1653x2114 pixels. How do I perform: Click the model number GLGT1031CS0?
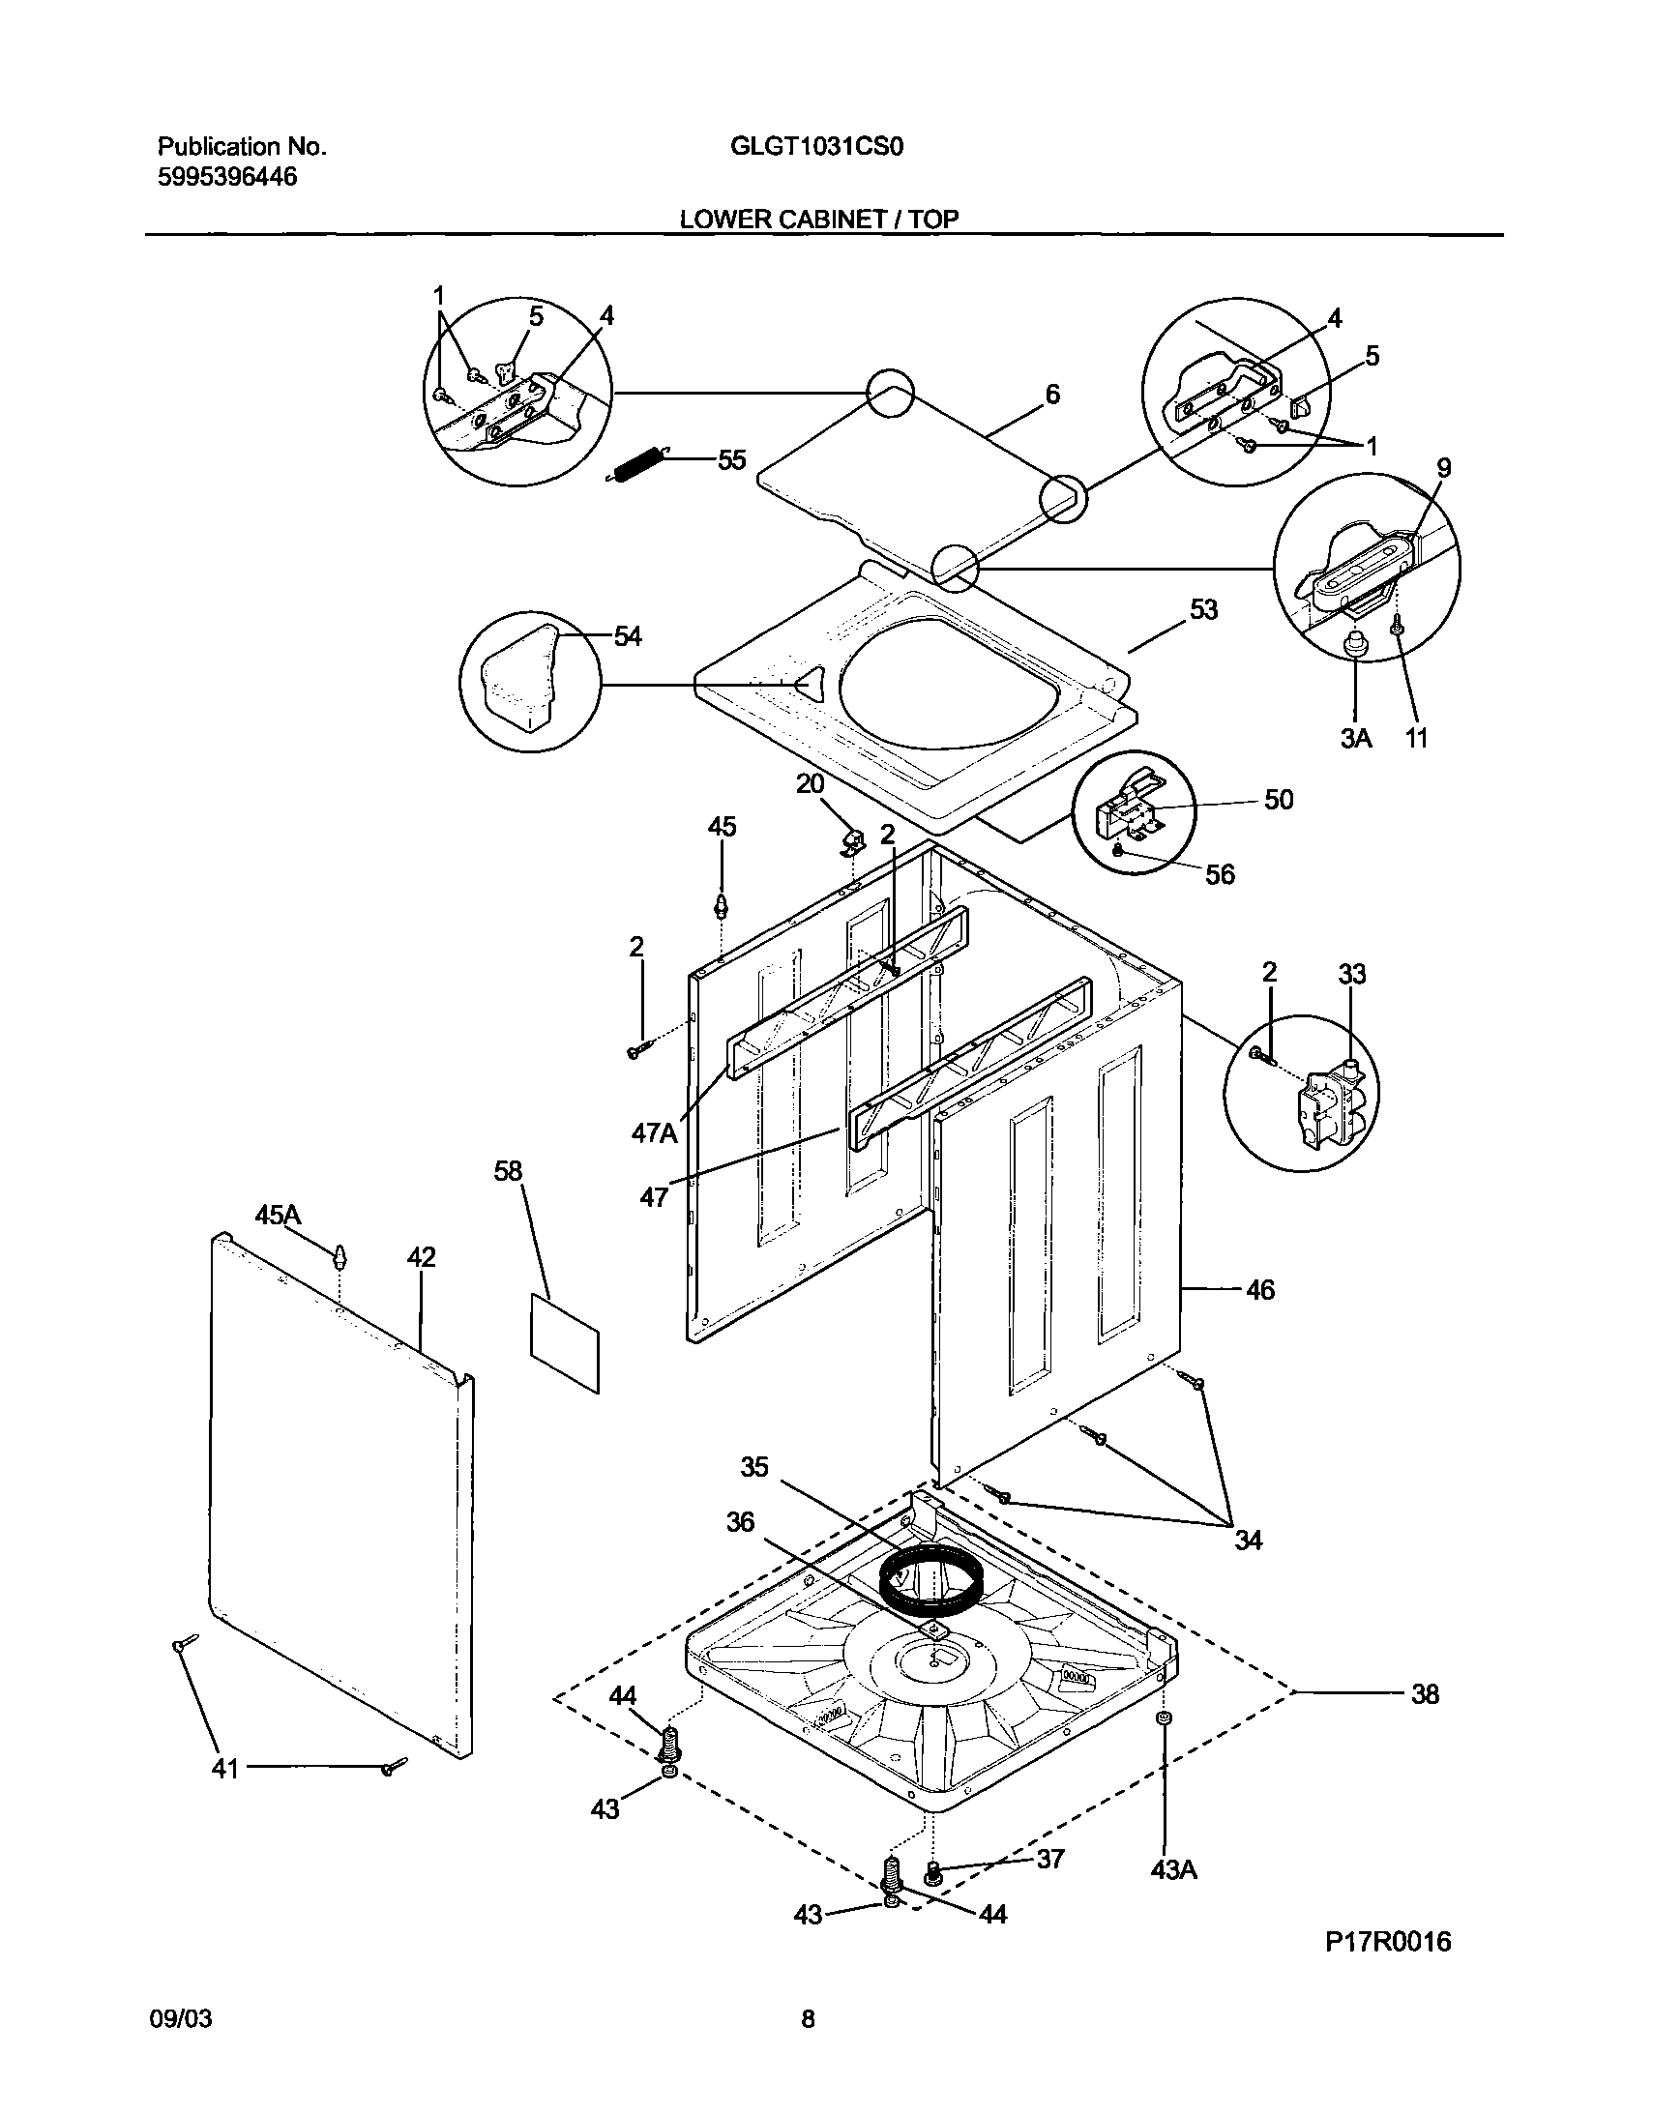[817, 147]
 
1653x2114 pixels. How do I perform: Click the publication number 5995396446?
[227, 177]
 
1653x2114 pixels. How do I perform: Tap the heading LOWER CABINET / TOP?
[818, 220]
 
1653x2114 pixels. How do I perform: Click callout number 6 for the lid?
[1051, 394]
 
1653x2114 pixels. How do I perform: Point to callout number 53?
[1202, 610]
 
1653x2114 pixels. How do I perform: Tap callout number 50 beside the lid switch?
[1279, 800]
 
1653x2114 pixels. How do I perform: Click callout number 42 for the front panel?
[421, 1257]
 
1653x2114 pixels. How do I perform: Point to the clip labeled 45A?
[339, 1257]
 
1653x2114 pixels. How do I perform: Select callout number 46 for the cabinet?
[1259, 1290]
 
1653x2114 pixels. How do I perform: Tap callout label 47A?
[655, 1132]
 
